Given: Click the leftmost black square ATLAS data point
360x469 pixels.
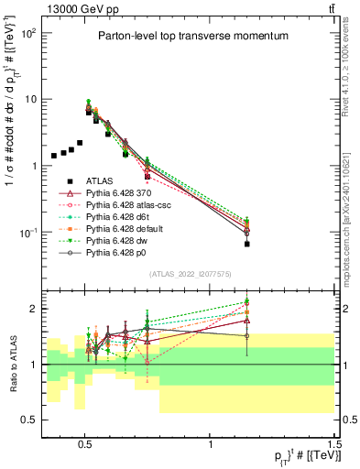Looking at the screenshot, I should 54,156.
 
